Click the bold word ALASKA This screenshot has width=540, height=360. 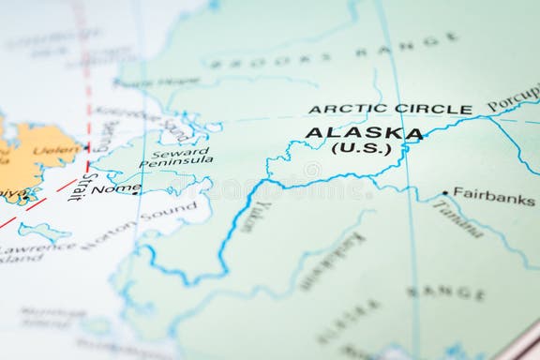click(365, 132)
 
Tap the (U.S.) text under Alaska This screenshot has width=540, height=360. click(361, 148)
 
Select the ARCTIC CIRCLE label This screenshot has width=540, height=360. click(390, 109)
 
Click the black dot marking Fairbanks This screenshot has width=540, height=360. click(445, 193)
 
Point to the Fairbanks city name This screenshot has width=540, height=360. click(494, 197)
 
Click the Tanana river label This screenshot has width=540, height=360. click(457, 219)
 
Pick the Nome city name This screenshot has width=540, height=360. click(114, 188)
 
